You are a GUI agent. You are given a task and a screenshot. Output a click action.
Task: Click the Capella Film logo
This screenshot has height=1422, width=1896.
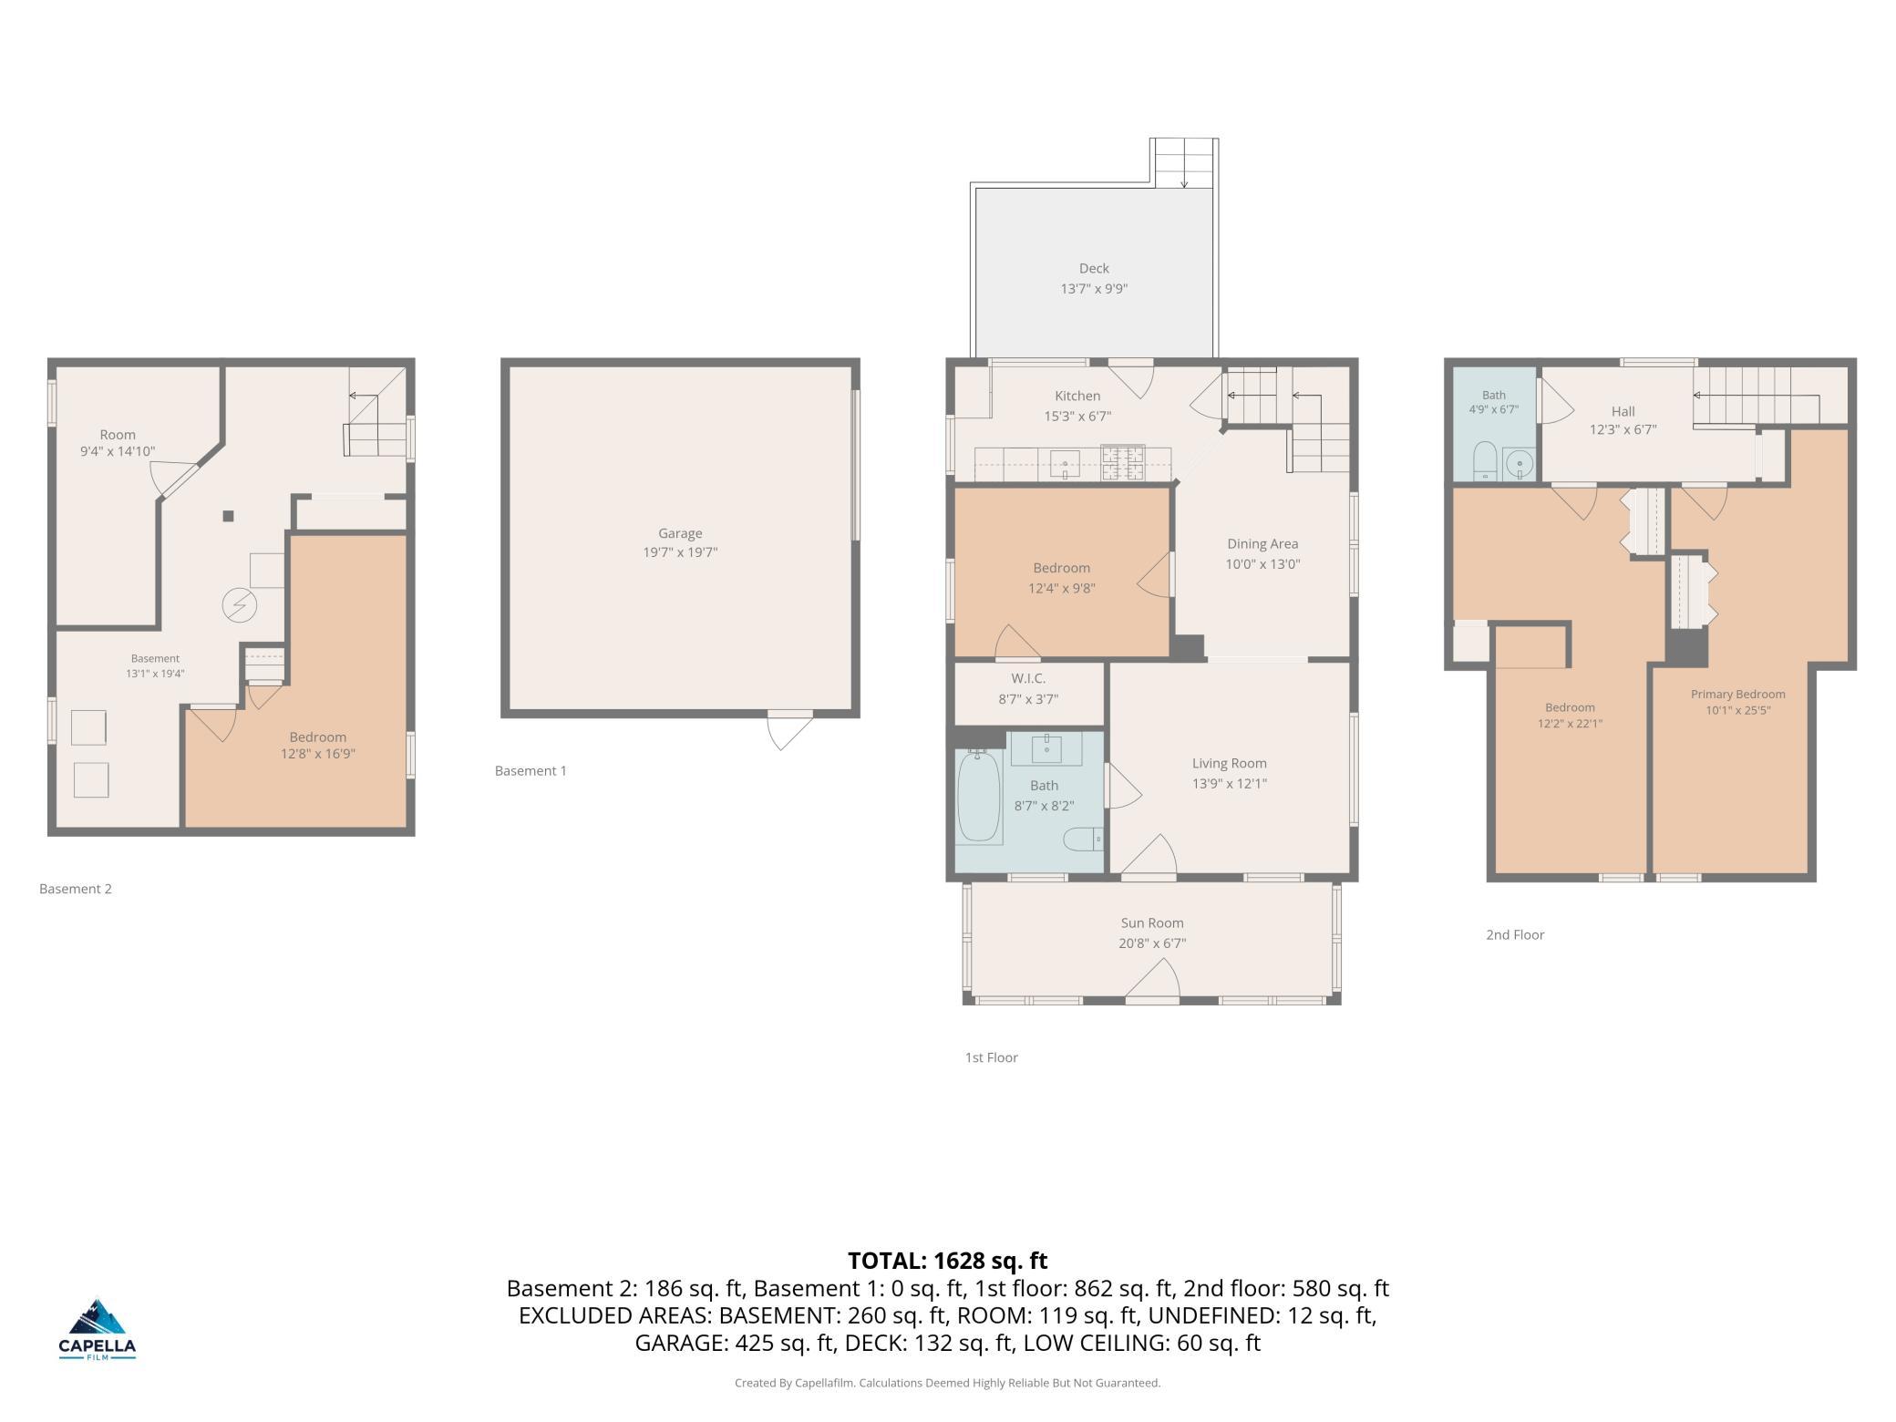coord(98,1329)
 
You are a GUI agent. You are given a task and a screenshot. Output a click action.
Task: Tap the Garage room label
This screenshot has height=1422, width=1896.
coord(680,533)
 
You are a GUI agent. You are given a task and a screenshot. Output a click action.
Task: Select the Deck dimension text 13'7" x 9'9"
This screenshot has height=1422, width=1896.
coord(1094,289)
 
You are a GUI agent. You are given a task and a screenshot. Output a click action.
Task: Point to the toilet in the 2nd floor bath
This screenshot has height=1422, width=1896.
coord(1485,460)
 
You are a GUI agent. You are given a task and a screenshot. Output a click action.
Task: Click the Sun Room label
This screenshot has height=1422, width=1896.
coord(1152,923)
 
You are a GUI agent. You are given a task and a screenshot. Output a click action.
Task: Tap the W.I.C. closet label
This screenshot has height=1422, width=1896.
coord(1028,679)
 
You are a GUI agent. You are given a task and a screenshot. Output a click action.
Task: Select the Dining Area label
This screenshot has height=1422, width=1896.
coord(1262,544)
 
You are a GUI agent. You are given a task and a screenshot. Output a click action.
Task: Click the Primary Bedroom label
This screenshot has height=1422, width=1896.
coord(1737,695)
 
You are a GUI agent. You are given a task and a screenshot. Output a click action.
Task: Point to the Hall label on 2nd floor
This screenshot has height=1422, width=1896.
coord(1623,412)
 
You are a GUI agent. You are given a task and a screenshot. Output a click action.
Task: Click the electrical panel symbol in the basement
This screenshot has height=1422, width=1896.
coord(240,605)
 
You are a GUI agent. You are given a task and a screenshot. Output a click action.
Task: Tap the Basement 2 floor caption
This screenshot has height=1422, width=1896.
coord(76,889)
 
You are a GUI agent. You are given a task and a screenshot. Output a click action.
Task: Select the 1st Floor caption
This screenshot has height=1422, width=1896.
coord(991,1057)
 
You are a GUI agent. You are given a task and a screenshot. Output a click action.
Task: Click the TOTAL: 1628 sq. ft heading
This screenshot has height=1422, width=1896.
coord(947,1261)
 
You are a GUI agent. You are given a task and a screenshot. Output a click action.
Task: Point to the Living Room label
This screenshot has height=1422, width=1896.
coord(1229,764)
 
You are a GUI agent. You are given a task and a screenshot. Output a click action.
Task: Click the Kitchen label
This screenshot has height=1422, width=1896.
coord(1077,397)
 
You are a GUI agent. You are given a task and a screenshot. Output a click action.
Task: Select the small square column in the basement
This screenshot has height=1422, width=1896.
coord(228,516)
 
